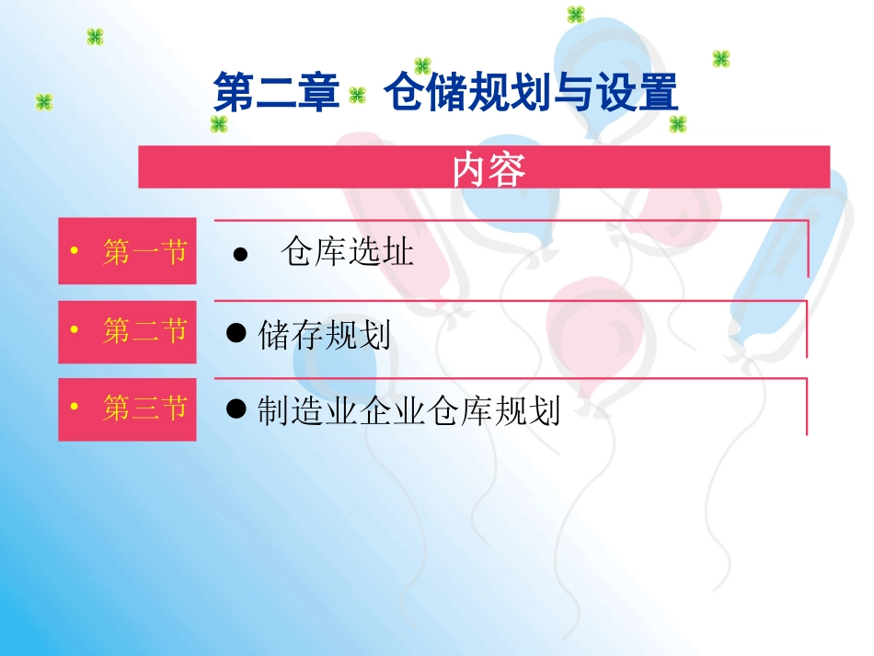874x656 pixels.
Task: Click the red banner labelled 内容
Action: [x=484, y=167]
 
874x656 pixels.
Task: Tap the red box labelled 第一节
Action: [x=127, y=251]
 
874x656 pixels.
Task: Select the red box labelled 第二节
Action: [x=127, y=331]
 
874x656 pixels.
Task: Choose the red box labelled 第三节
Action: [x=127, y=409]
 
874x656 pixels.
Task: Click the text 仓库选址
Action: [x=347, y=252]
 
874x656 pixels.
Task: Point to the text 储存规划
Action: [x=325, y=334]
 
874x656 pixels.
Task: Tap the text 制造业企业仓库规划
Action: [x=408, y=410]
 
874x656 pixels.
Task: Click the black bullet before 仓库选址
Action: [x=240, y=255]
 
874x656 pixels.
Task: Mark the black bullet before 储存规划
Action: [x=236, y=332]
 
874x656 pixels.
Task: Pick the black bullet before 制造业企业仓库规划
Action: [x=236, y=409]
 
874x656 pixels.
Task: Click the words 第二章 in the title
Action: [x=276, y=93]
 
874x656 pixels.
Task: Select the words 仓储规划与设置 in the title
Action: [x=531, y=93]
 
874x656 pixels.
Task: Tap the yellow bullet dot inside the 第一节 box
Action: [x=74, y=252]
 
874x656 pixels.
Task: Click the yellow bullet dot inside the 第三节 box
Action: [x=74, y=408]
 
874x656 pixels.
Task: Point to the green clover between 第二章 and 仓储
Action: [x=358, y=95]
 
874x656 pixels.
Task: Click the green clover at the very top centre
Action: [x=576, y=14]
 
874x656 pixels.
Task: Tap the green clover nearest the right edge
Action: [x=721, y=59]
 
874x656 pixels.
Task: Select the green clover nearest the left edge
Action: [x=44, y=101]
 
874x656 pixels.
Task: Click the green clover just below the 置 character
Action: [x=678, y=123]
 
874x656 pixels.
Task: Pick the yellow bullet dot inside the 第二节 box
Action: [x=74, y=330]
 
